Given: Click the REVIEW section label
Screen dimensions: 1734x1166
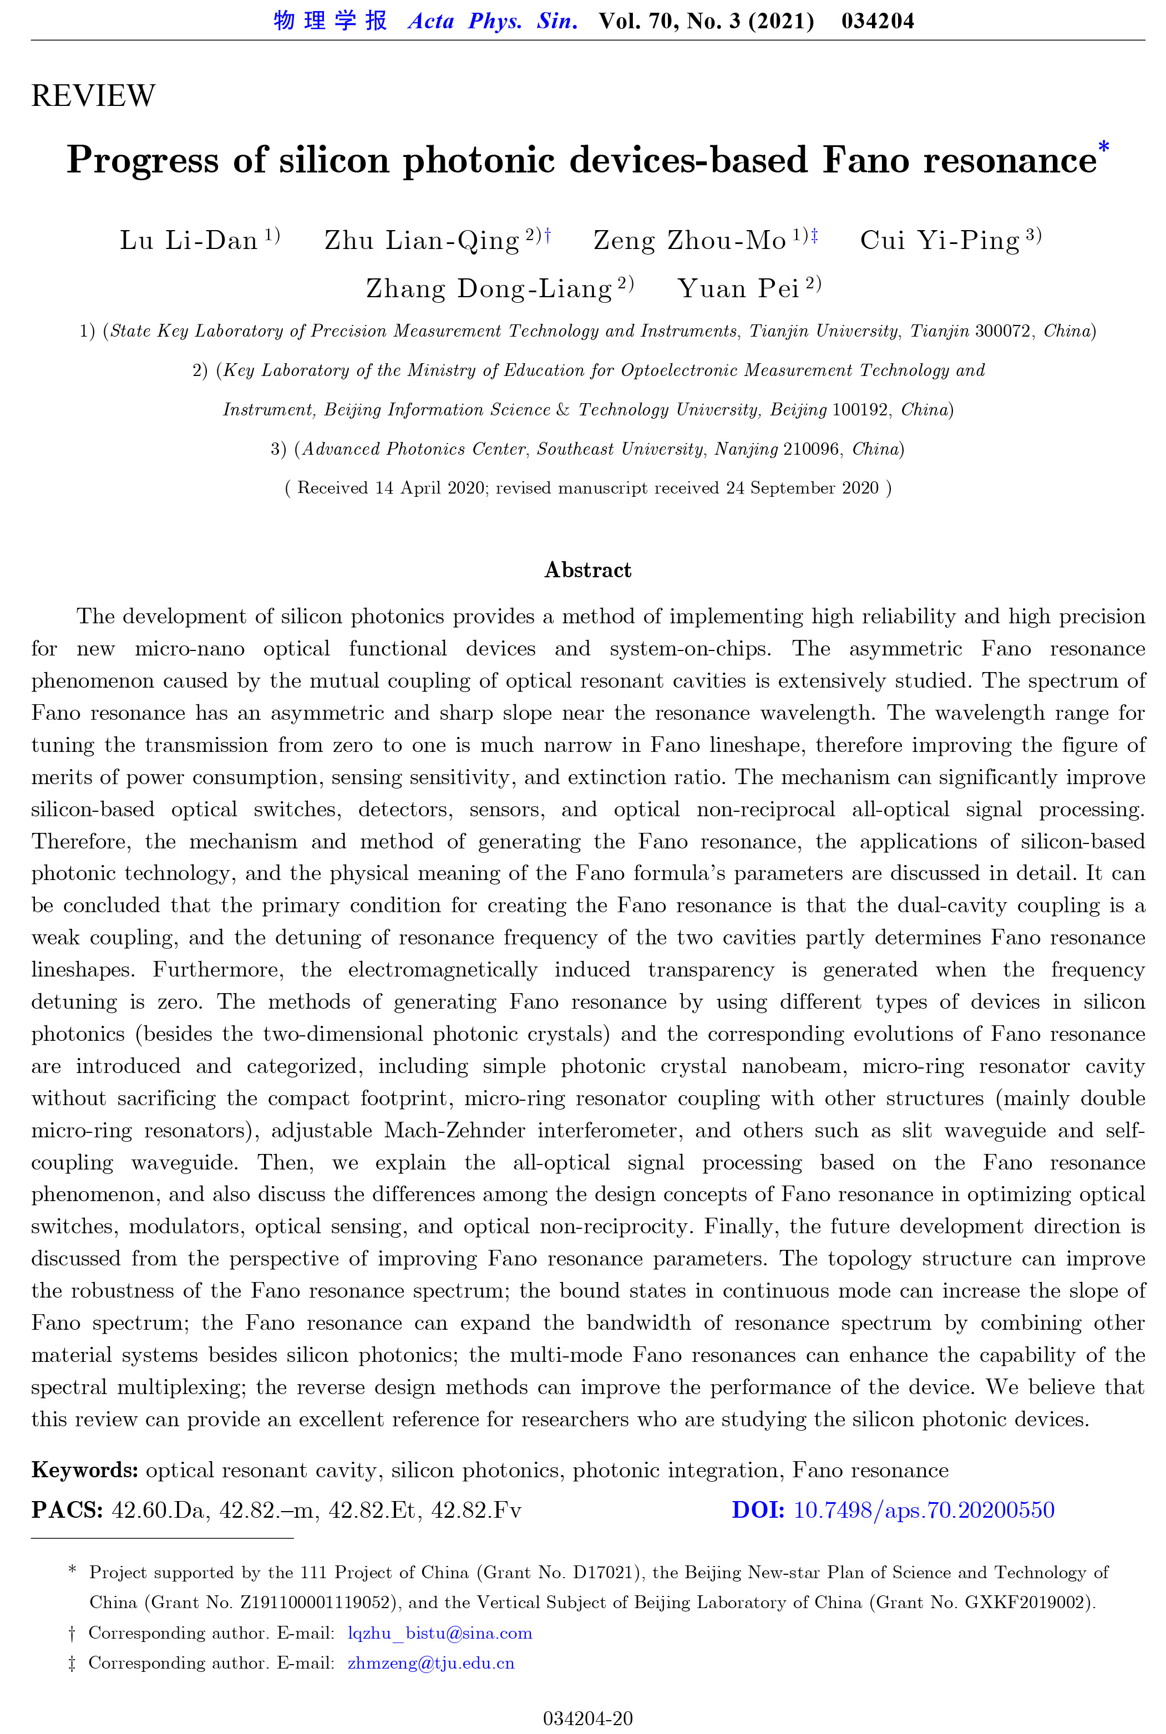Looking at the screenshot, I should [93, 96].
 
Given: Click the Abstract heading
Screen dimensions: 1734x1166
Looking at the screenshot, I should [587, 570].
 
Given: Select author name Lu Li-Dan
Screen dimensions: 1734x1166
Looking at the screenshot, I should [189, 241].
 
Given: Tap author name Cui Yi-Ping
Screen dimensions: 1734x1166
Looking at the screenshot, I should [939, 241].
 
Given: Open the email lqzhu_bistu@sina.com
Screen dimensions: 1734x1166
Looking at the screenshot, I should [439, 1633].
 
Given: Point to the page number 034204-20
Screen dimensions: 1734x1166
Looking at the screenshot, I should [587, 1718].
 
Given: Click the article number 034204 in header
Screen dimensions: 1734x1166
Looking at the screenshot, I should [878, 21].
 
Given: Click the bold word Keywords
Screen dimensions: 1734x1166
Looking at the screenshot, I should [84, 1470].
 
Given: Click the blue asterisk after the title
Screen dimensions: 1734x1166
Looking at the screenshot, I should [1103, 146].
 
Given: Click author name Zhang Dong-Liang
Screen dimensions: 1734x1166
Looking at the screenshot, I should [489, 288].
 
